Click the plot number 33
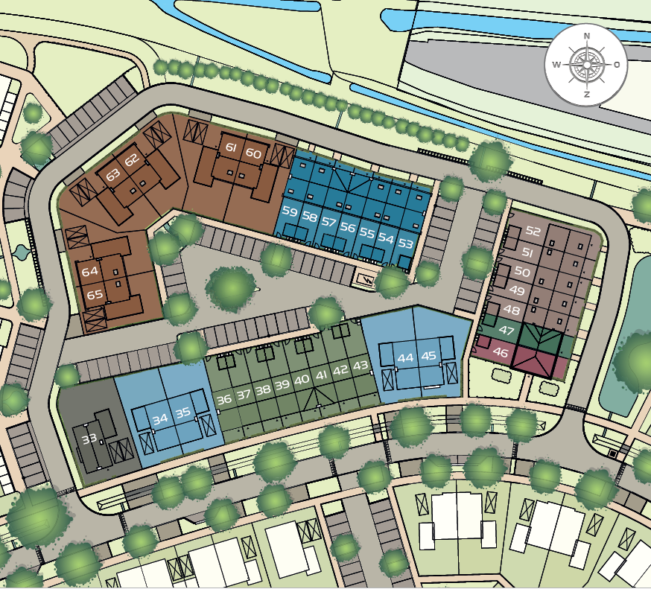point(89,439)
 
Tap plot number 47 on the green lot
point(506,330)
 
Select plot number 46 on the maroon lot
point(501,353)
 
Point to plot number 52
point(533,232)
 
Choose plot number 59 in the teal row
point(290,213)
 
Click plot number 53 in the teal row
point(405,243)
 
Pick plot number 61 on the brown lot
point(231,148)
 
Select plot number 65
point(95,294)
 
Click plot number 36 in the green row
point(223,399)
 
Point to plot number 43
point(361,366)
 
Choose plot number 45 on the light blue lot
point(428,357)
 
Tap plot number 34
point(159,419)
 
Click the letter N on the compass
point(587,36)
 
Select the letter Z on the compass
point(587,94)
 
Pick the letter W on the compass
point(556,65)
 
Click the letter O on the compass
point(617,65)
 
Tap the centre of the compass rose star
point(587,65)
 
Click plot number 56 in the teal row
point(347,227)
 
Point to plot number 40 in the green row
point(302,379)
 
